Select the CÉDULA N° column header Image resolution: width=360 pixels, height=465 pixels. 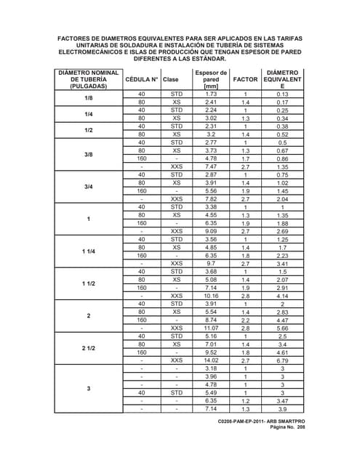(x=141, y=79)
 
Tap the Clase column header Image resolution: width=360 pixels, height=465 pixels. (x=171, y=79)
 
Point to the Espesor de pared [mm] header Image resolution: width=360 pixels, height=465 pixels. (x=212, y=79)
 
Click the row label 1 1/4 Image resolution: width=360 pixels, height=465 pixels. (x=89, y=251)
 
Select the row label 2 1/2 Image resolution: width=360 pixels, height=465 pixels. (x=89, y=347)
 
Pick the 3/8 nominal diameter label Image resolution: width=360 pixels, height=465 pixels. (x=89, y=155)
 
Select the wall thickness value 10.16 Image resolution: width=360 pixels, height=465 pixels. (x=212, y=296)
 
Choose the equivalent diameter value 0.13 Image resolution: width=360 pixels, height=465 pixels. (x=283, y=94)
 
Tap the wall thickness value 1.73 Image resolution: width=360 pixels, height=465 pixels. (x=212, y=94)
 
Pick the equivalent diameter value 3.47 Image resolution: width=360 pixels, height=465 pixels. (x=283, y=400)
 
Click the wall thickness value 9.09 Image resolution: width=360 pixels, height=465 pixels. (x=212, y=232)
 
